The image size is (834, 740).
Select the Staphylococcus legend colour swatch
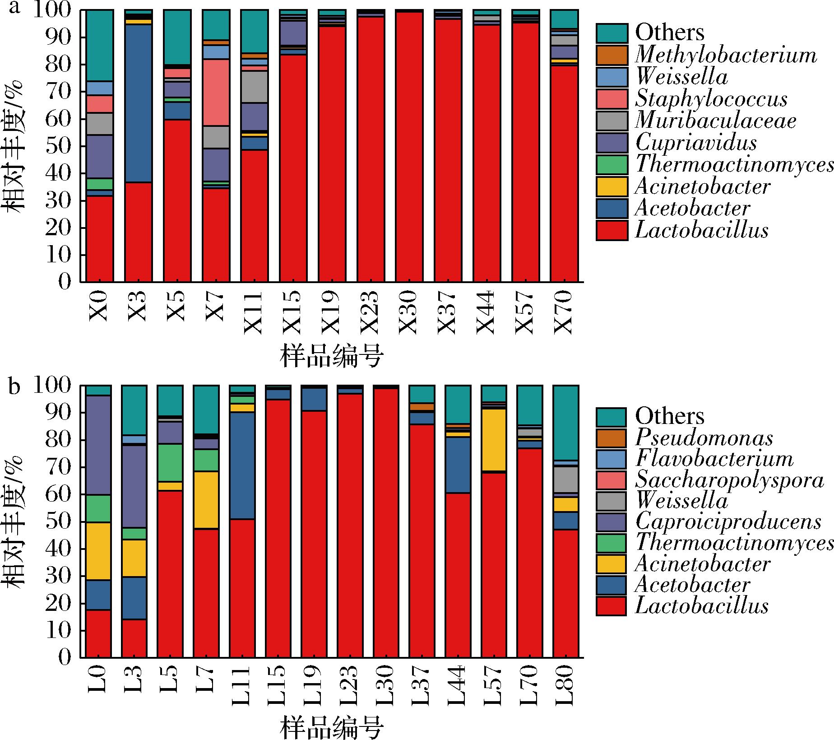click(612, 99)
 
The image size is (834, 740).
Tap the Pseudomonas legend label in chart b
click(704, 437)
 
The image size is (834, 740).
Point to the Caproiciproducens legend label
click(728, 521)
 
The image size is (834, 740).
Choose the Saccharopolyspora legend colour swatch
click(611, 480)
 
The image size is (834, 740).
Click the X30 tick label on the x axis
click(409, 312)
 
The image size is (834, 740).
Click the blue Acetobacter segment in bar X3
click(138, 103)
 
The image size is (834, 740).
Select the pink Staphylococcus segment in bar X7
click(216, 92)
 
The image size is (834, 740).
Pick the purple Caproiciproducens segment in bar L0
click(98, 445)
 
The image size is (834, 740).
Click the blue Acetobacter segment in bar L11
click(242, 465)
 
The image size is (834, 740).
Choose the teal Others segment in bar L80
click(565, 422)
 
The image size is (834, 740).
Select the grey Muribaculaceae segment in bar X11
click(255, 87)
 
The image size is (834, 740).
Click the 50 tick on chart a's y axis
click(59, 147)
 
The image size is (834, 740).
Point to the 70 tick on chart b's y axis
click(59, 468)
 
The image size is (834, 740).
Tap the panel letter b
click(15, 387)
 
